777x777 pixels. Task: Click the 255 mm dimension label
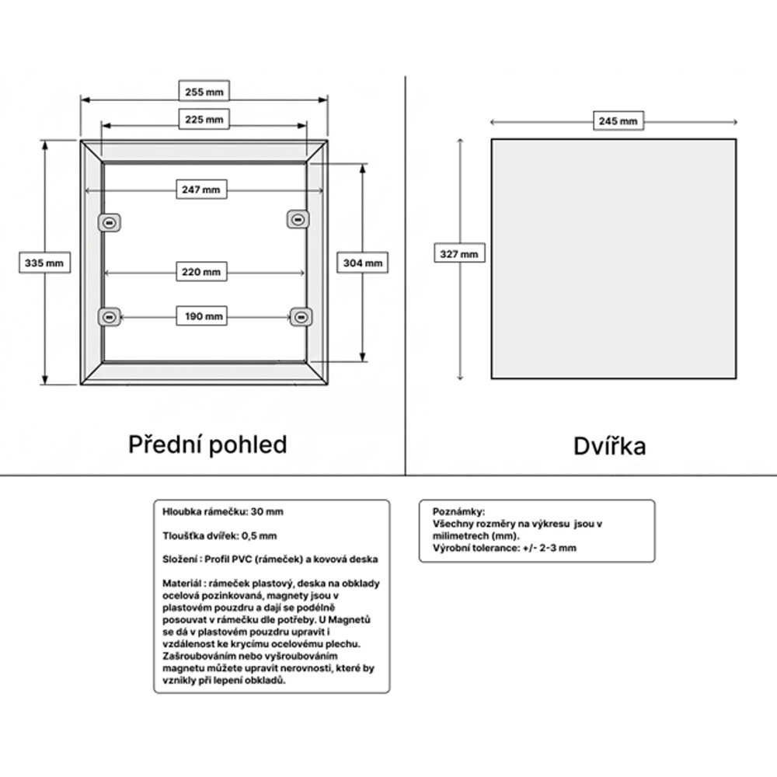(x=204, y=91)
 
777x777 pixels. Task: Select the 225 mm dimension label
(x=204, y=120)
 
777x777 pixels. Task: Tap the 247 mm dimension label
(x=201, y=190)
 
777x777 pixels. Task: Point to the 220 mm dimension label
(x=201, y=271)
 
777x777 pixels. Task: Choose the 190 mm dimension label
(x=201, y=316)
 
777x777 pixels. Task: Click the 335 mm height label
(x=44, y=263)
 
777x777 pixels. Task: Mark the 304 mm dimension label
(x=362, y=263)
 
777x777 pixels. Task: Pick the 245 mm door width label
(x=618, y=121)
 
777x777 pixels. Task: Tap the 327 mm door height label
(x=459, y=254)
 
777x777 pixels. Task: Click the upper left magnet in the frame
(x=110, y=223)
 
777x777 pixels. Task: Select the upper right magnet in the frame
(x=298, y=219)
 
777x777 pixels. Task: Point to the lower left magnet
(x=110, y=317)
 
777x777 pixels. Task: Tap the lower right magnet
(x=301, y=317)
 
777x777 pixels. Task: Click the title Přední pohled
(x=207, y=444)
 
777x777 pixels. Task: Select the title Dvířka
(x=609, y=446)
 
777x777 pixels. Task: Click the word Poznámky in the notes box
(x=458, y=512)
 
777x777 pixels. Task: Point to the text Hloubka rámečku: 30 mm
(x=223, y=512)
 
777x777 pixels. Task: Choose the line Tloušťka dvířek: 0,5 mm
(x=220, y=535)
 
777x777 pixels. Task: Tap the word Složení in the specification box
(x=180, y=559)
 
